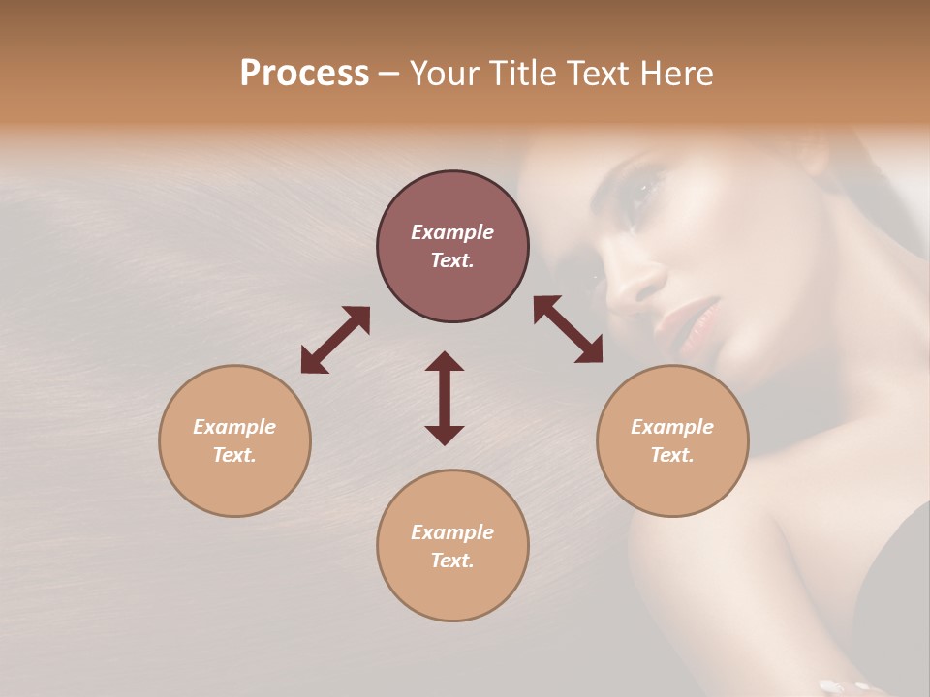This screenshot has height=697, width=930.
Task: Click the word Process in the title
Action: point(304,74)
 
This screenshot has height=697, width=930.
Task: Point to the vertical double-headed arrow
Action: point(445,399)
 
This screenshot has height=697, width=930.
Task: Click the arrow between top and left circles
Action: point(335,340)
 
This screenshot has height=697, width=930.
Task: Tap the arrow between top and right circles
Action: point(568,329)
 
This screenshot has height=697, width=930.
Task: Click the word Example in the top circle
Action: point(452,232)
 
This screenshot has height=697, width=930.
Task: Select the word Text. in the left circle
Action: point(234,455)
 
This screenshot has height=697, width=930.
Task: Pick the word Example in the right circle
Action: point(672,427)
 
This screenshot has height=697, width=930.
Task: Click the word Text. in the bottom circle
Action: point(452,561)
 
